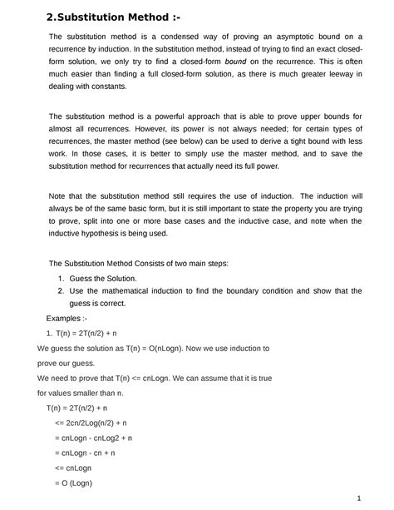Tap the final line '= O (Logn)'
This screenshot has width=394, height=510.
coord(76,483)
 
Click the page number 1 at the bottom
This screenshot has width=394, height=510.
coord(358,498)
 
